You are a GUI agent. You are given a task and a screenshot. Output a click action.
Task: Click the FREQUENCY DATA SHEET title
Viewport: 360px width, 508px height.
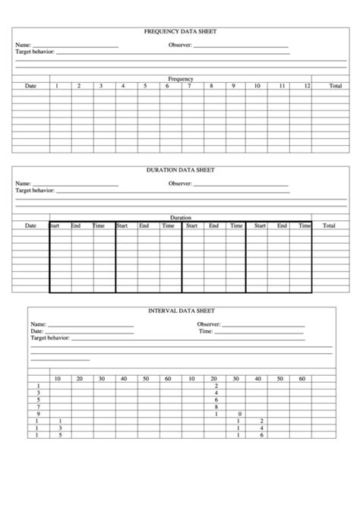point(180,32)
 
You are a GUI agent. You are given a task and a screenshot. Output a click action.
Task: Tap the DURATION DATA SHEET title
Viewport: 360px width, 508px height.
point(180,170)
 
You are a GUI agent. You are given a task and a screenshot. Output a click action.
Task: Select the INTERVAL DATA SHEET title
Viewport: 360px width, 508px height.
point(181,311)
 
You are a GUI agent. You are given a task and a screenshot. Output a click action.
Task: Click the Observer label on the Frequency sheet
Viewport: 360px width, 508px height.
point(179,46)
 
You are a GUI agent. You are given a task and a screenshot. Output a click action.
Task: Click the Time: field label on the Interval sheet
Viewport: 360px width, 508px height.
point(205,331)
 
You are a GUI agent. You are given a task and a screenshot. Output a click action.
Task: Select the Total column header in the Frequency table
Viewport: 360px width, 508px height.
point(335,87)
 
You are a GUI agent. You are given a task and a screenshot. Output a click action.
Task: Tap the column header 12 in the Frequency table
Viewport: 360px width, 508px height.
point(306,87)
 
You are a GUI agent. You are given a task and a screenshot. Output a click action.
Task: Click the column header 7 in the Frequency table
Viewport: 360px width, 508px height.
point(190,87)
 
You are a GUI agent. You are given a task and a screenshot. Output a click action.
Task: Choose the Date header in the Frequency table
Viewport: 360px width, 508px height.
point(30,87)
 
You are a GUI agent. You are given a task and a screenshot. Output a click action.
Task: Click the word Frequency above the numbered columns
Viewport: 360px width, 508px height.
point(181,79)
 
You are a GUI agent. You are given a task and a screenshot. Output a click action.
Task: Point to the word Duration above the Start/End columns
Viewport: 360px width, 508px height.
point(181,217)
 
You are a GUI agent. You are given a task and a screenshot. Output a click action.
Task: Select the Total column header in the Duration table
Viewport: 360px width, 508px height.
point(329,226)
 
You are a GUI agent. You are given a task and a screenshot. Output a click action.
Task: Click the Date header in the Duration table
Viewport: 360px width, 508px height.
point(30,226)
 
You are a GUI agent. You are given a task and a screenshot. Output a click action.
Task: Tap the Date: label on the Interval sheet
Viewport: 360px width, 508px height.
point(37,331)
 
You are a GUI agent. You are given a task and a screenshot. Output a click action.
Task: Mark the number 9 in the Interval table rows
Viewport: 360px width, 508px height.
point(38,413)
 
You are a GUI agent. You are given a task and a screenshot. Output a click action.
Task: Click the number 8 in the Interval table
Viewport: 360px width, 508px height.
point(217,406)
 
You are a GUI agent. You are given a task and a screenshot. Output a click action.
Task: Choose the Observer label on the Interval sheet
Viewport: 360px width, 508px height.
point(208,324)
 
